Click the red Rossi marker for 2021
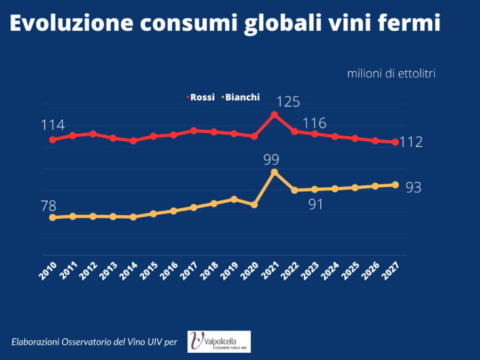tap(274, 115)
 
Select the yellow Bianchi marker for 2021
tap(274, 172)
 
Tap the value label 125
tap(287, 101)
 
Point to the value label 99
tap(271, 159)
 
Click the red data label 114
tap(52, 125)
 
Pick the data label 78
tap(48, 206)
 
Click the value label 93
tap(413, 188)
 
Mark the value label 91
tap(316, 204)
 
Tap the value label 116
tap(314, 123)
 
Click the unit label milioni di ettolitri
tap(391, 73)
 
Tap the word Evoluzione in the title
tap(71, 24)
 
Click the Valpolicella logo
tap(219, 341)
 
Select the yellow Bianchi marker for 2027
tap(396, 185)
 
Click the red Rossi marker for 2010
tap(52, 139)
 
